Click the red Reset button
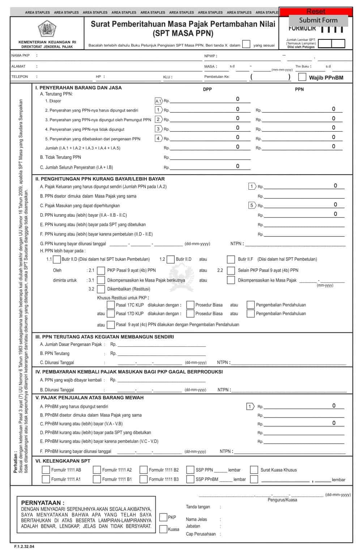[x=315, y=12]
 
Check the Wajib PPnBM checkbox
[x=302, y=77]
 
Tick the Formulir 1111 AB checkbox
[x=46, y=470]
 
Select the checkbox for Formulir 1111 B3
[x=144, y=479]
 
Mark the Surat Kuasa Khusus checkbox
[x=254, y=470]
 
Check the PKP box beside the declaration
[x=163, y=517]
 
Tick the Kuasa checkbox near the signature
[x=163, y=529]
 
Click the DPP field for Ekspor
[x=210, y=100]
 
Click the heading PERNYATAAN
[x=43, y=503]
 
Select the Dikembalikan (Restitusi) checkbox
[x=101, y=289]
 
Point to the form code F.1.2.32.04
[x=24, y=547]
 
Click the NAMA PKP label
[x=20, y=56]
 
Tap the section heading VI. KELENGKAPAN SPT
[x=63, y=461]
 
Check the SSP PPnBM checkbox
[x=190, y=479]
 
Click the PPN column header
[x=299, y=89]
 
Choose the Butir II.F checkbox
[x=231, y=259]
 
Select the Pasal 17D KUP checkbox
[x=111, y=314]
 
